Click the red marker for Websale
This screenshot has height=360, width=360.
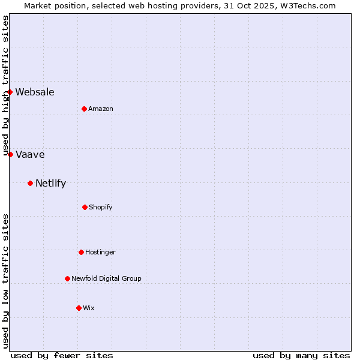tap(10, 92)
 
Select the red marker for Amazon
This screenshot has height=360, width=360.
tap(84, 109)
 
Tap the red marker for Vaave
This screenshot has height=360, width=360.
tap(10, 154)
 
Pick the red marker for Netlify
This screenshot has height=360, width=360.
tap(30, 183)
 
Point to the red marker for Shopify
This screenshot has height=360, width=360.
tap(85, 207)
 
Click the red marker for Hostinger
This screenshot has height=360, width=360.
tap(81, 252)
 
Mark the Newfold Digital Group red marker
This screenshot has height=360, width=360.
tap(67, 278)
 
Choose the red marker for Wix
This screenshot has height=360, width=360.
tap(79, 308)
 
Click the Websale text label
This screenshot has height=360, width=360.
tap(35, 92)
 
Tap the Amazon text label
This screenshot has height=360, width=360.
tap(101, 109)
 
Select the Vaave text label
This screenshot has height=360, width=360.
tap(30, 154)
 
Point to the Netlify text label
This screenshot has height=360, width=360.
tap(50, 183)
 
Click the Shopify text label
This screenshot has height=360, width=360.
tap(101, 207)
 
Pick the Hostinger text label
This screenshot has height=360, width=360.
tap(100, 252)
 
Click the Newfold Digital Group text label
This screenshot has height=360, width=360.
tap(106, 278)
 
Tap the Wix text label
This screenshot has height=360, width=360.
tap(89, 308)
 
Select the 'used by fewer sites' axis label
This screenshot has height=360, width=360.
tap(62, 355)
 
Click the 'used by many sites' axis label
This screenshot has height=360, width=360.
tap(301, 355)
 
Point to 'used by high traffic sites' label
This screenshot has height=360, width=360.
tap(5, 86)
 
